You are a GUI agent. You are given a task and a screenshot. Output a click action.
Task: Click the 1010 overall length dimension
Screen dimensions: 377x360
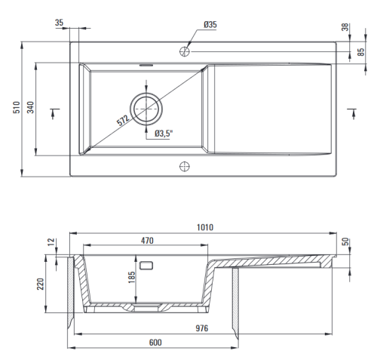coord(205,227)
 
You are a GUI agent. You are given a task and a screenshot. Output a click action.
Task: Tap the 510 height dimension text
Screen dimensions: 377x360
coord(17,107)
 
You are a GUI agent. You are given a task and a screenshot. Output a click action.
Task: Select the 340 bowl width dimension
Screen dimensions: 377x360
coord(30,107)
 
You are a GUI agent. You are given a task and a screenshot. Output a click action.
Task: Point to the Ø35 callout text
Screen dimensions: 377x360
coord(210,25)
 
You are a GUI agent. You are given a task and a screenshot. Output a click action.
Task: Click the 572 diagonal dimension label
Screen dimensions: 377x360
coord(123,120)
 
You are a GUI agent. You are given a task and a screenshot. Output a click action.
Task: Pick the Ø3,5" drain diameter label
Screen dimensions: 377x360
coord(164,134)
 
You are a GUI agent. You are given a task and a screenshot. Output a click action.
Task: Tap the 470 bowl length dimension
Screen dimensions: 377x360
coord(147,241)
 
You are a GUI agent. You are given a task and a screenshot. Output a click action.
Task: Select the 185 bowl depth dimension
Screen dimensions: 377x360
coord(132,277)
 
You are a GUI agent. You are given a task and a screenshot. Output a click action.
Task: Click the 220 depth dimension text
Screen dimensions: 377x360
coord(41,284)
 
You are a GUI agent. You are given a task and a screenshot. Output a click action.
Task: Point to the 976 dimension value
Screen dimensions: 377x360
coord(202,328)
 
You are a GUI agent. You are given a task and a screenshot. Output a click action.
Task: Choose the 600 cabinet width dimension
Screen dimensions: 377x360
coord(155,343)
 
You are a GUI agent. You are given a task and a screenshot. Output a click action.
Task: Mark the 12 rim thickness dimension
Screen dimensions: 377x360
coord(51,242)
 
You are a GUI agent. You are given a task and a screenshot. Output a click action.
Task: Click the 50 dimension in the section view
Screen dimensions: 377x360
coord(346,242)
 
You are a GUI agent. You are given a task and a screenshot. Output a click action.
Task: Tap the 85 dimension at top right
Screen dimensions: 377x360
coord(361,52)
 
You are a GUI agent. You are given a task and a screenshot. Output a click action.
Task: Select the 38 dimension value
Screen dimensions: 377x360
coord(346,27)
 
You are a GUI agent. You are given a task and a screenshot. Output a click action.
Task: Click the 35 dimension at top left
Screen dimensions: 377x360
coord(60,23)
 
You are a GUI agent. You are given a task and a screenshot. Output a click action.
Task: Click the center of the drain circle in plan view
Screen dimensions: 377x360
coord(146,109)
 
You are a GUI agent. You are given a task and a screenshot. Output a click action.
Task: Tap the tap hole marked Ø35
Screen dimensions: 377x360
coord(185,51)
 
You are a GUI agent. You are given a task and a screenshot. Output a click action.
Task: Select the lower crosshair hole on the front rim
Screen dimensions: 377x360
coord(185,166)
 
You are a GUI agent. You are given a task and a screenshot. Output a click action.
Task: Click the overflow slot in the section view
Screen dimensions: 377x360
coord(146,266)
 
